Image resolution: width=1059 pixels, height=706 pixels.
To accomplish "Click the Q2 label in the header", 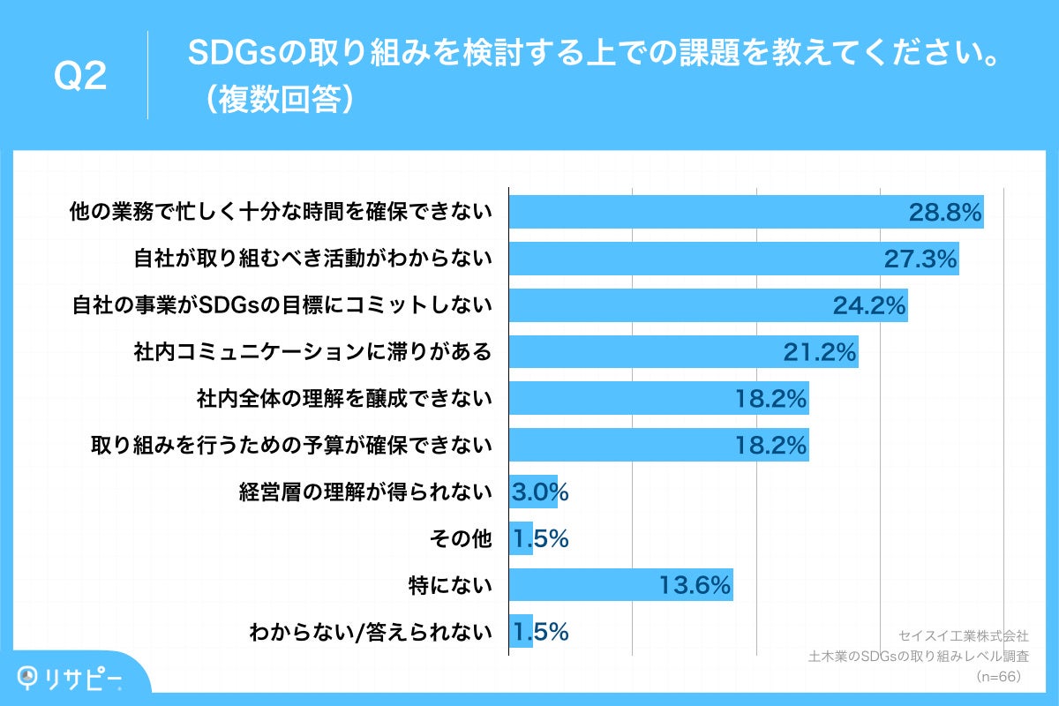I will pyautogui.click(x=80, y=77).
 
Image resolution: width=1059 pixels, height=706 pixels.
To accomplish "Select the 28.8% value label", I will pyautogui.click(x=945, y=212).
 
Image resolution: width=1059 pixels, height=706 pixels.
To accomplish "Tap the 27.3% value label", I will pyautogui.click(x=920, y=259).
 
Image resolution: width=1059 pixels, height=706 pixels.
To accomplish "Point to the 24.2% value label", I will pyautogui.click(x=869, y=305).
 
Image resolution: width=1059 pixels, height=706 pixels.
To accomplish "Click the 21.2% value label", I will pyautogui.click(x=820, y=352).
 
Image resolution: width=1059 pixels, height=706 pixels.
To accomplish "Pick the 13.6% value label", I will pyautogui.click(x=695, y=585).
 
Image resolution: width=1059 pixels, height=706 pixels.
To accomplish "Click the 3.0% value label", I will pyautogui.click(x=538, y=492).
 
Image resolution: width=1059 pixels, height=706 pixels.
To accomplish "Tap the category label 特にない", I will pyautogui.click(x=450, y=585).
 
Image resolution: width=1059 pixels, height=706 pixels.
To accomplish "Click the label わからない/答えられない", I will pyautogui.click(x=371, y=632).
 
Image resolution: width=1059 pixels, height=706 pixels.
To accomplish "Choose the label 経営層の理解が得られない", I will pyautogui.click(x=365, y=492).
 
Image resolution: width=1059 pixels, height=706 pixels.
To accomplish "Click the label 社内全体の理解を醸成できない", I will pyautogui.click(x=343, y=399).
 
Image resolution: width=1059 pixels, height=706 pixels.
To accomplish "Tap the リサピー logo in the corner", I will pyautogui.click(x=71, y=677).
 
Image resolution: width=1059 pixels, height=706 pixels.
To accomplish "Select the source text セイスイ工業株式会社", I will pyautogui.click(x=963, y=635).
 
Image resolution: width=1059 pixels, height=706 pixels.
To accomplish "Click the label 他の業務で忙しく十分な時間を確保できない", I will pyautogui.click(x=281, y=212).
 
